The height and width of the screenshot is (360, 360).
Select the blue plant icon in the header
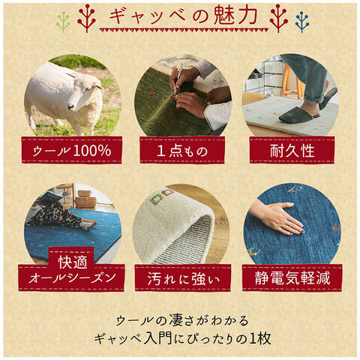pyautogui.click(x=302, y=22)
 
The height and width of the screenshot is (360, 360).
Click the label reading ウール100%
pyautogui.click(x=72, y=150)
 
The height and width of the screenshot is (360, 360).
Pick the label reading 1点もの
pyautogui.click(x=182, y=151)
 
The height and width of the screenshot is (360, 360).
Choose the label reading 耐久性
pyautogui.click(x=292, y=151)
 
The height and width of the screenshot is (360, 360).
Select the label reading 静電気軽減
pyautogui.click(x=292, y=277)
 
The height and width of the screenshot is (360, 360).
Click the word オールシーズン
pyautogui.click(x=72, y=278)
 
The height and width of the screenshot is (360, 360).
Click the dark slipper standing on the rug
pyautogui.click(x=299, y=115)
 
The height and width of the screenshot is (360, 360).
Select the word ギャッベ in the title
pyautogui.click(x=148, y=16)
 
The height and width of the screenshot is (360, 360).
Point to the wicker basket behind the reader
pyautogui.click(x=85, y=202)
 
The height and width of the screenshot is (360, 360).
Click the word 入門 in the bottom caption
pyautogui.click(x=158, y=339)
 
